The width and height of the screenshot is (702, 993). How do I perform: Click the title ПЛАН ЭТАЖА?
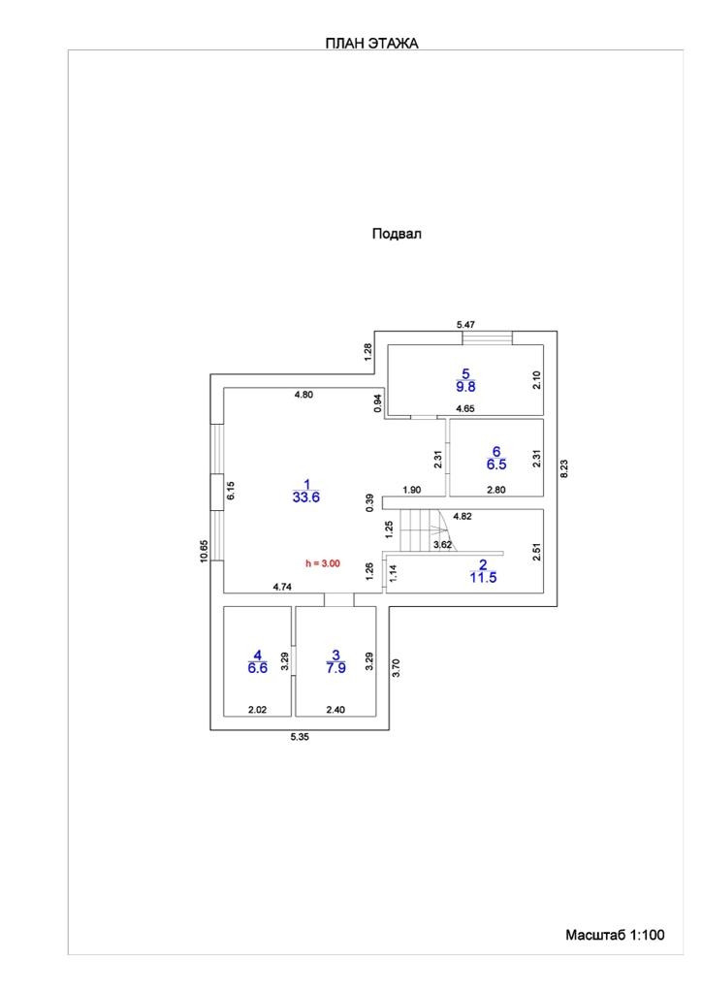point(371,44)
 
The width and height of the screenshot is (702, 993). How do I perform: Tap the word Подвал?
point(397,234)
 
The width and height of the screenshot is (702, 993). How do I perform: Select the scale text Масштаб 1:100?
point(615,935)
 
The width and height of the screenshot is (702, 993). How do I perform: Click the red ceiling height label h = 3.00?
point(323,562)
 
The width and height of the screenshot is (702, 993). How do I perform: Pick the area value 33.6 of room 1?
point(305,497)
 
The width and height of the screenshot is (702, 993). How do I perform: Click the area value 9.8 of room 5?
point(465,386)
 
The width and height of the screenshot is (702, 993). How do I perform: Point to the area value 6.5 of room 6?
point(495,464)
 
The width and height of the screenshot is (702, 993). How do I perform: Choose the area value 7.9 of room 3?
point(335,668)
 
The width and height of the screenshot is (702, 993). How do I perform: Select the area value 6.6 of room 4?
point(257,668)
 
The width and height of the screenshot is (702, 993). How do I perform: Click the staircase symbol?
point(424,529)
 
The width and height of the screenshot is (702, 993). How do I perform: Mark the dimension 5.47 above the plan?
point(467,324)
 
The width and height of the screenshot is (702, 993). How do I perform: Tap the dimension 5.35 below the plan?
point(301,738)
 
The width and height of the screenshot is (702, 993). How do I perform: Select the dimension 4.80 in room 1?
point(305,395)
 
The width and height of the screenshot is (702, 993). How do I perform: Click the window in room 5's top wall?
point(487,337)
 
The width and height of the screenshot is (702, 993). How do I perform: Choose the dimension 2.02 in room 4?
point(257,710)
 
